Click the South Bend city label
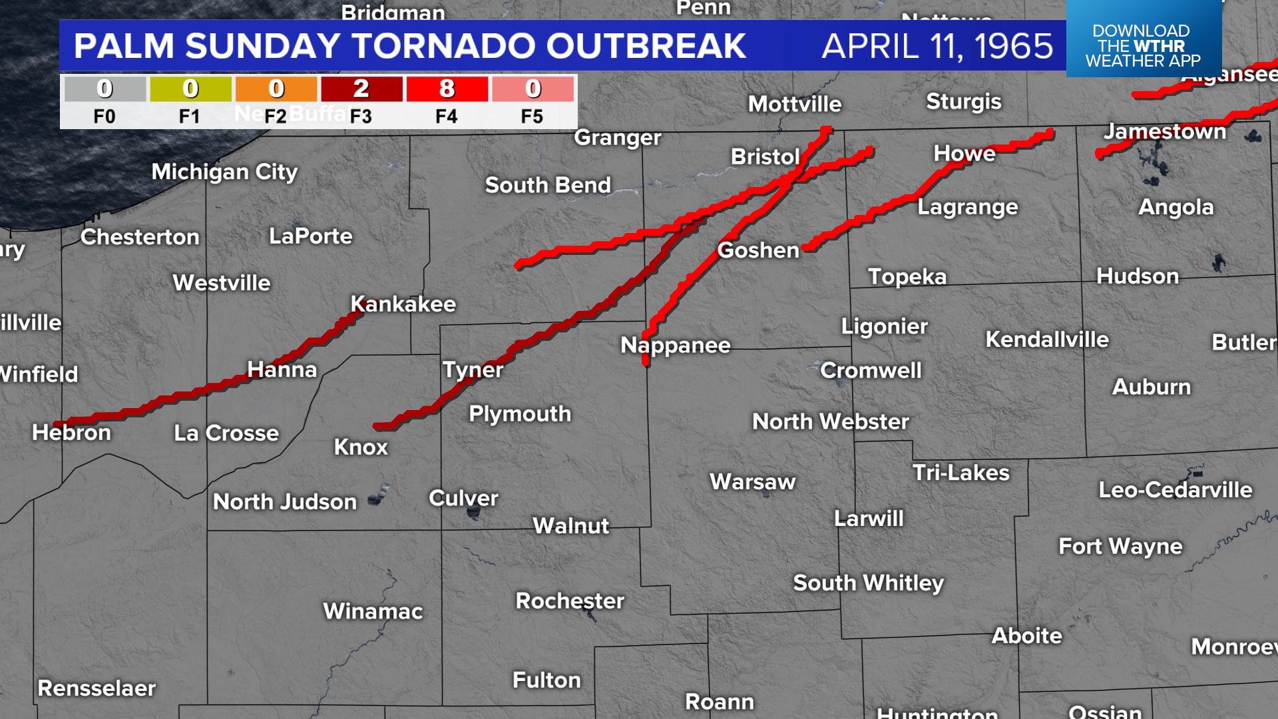coord(548,185)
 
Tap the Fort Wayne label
coord(1120,547)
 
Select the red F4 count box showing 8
coord(447,89)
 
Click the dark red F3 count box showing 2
coord(361,89)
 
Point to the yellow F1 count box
coord(190,89)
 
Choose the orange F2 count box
coord(276,89)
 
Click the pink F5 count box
coord(532,89)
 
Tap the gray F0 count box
coord(105,89)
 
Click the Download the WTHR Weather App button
coord(1143,45)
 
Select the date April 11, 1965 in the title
coord(937,46)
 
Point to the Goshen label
coord(758,250)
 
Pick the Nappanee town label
coord(676,345)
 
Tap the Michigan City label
coord(224,172)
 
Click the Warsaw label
coord(753,481)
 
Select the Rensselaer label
coord(97,688)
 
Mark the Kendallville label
coord(1047,340)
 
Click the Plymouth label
coord(520,413)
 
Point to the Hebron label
coord(71,433)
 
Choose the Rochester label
coord(570,600)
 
